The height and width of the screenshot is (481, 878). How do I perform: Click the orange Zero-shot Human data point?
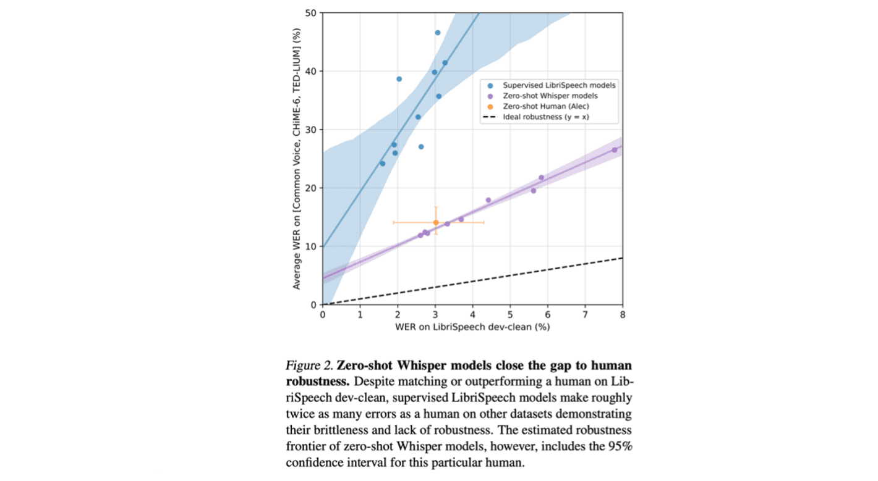[435, 222]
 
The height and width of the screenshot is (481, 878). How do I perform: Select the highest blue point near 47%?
[438, 33]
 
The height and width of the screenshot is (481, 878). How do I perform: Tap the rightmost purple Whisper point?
[614, 150]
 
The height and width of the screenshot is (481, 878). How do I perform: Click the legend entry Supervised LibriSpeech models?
[559, 85]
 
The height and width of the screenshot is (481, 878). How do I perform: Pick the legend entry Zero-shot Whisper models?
[550, 96]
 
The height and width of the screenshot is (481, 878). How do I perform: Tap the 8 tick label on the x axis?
[622, 315]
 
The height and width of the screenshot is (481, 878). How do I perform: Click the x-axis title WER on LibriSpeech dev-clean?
[472, 327]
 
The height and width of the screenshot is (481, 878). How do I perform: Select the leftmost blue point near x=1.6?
[382, 164]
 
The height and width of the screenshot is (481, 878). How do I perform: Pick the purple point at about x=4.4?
[488, 200]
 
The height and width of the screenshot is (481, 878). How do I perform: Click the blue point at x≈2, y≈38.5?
[399, 79]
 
